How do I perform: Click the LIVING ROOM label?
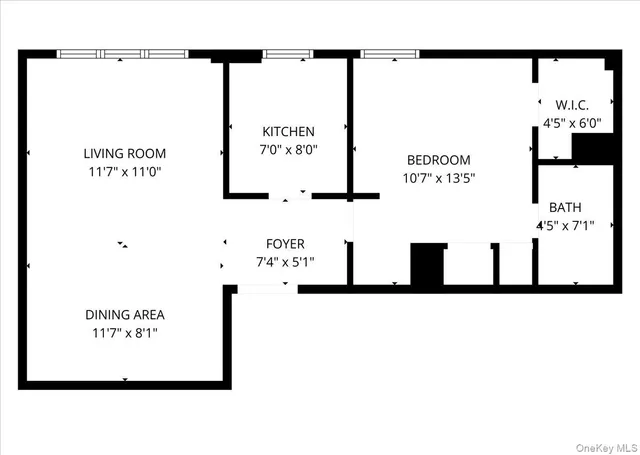[x=125, y=154]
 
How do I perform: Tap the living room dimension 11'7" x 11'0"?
[x=125, y=171]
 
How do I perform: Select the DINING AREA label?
[x=125, y=314]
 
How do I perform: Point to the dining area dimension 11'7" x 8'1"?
[x=125, y=331]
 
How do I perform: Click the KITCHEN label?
[x=288, y=131]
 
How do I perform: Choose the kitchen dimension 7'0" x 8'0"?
[x=288, y=149]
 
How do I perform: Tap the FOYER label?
[x=285, y=243]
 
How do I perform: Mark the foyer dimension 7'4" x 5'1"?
[x=285, y=261]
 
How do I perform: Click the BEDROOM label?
[x=438, y=160]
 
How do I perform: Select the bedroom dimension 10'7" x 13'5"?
[x=438, y=178]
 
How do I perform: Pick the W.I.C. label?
[x=565, y=105]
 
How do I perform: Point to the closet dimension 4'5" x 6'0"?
[x=565, y=122]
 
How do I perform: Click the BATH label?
[x=565, y=208]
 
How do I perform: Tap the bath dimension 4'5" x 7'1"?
[x=565, y=225]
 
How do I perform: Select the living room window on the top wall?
[x=122, y=53]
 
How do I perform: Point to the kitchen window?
[x=288, y=53]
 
